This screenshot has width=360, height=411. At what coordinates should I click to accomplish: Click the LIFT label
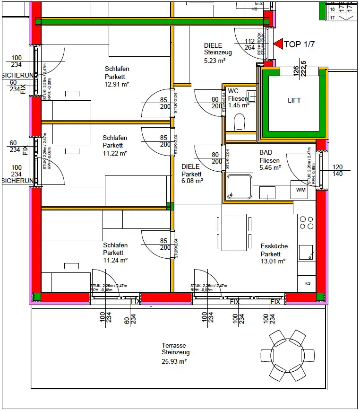click(x=294, y=100)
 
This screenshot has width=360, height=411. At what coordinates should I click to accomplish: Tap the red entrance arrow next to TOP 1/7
click(x=278, y=44)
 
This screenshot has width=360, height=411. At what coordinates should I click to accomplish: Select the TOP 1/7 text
click(x=299, y=45)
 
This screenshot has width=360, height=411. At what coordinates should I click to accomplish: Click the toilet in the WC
click(x=240, y=122)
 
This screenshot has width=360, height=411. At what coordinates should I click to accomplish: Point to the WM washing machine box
click(x=301, y=190)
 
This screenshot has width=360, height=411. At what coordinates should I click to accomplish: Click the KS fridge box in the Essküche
click(x=307, y=283)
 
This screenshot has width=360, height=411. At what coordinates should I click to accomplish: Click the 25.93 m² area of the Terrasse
click(x=174, y=361)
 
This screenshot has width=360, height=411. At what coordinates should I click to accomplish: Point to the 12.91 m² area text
click(x=117, y=84)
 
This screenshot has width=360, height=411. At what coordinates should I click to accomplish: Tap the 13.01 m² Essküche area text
click(x=273, y=261)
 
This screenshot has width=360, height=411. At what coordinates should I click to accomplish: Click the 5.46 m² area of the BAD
click(x=270, y=167)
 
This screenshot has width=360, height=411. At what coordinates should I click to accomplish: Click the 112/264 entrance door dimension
click(x=249, y=44)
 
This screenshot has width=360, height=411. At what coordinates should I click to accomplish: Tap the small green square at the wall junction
click(x=170, y=206)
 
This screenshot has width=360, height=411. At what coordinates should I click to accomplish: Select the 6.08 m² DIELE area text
click(x=192, y=181)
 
